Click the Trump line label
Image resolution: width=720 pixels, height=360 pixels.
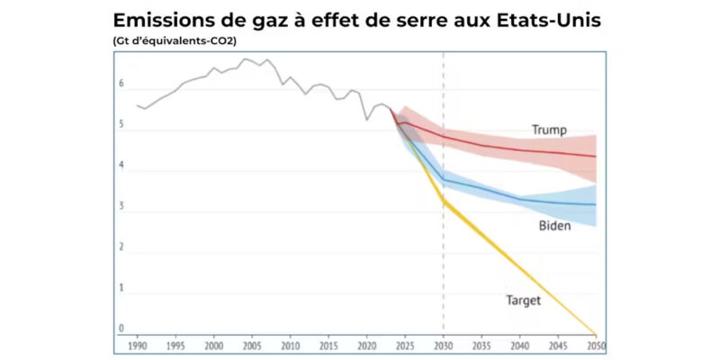point(549,130)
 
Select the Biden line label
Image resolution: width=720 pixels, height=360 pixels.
point(554,226)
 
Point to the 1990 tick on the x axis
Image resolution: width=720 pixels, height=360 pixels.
point(137,345)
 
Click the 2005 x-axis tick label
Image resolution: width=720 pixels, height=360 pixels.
point(252,345)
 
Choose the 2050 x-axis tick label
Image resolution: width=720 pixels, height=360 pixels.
point(596,345)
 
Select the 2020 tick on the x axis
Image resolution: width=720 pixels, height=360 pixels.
point(367,345)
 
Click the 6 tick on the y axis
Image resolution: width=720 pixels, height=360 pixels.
point(121,84)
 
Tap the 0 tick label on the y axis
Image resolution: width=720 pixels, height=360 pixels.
point(121,329)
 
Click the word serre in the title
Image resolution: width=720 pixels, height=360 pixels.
point(399,20)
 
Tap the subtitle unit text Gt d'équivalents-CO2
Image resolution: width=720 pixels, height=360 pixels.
point(175,40)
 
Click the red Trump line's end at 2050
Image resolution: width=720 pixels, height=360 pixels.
point(596,157)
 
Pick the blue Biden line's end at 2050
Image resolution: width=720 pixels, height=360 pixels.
point(596,205)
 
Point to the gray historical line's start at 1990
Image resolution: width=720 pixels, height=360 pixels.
point(137,105)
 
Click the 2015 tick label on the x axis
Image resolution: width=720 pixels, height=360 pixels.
point(328,345)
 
